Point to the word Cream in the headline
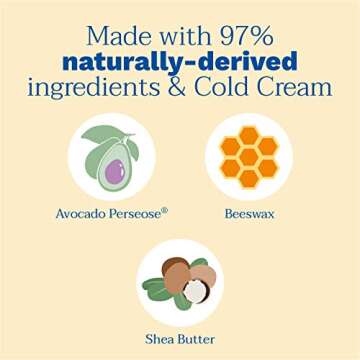(296, 86)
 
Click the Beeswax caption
(247, 212)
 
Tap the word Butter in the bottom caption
(197, 339)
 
